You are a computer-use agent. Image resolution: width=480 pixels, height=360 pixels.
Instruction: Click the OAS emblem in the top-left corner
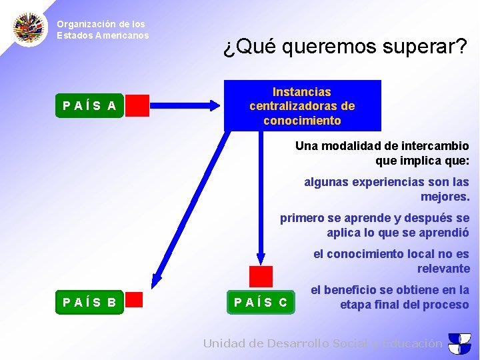30,28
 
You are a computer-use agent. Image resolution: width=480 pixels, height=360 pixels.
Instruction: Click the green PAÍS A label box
89,105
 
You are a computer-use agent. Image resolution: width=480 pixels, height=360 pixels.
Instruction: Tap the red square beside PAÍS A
137,105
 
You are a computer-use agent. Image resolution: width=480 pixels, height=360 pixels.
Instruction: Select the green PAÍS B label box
89,302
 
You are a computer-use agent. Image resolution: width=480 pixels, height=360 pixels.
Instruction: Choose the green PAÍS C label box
261,302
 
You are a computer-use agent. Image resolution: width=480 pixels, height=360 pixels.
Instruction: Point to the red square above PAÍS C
261,276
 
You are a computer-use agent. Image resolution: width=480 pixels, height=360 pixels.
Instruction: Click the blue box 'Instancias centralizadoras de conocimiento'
302,106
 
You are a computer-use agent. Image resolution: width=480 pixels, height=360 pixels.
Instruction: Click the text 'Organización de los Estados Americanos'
102,29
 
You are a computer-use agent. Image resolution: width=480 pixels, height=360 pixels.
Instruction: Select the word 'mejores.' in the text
445,197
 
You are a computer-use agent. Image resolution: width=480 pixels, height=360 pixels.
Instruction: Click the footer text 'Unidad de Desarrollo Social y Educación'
323,343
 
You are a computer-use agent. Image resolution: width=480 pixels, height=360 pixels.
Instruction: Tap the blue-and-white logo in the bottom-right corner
459,343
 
